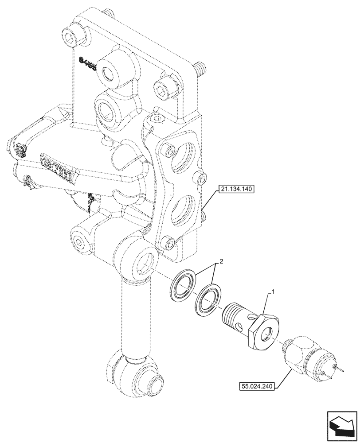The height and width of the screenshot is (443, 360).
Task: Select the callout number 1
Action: coord(274,292)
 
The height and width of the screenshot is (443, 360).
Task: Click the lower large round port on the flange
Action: coord(184,212)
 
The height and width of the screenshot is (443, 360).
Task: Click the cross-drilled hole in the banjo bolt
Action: coord(240,327)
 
